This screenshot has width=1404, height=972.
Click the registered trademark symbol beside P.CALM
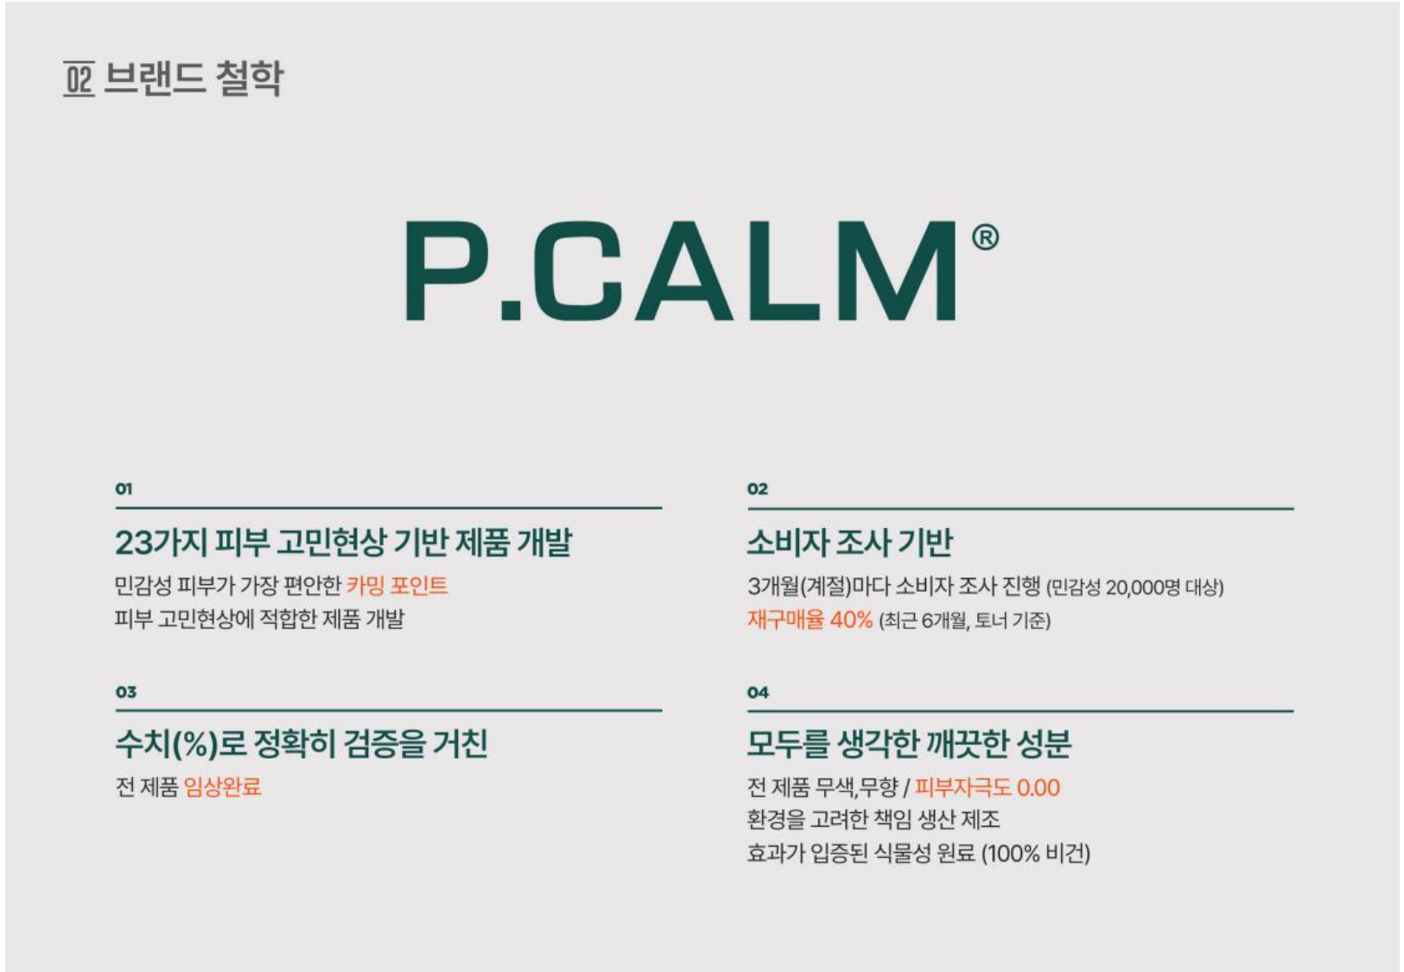pyautogui.click(x=985, y=238)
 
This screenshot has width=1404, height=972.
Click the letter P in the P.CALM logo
pyautogui.click(x=447, y=270)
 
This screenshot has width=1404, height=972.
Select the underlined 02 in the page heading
pyautogui.click(x=79, y=79)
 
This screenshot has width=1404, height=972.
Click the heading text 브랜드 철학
pyautogui.click(x=194, y=79)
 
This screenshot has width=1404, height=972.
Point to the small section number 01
pyautogui.click(x=124, y=489)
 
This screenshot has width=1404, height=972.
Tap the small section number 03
pyautogui.click(x=125, y=692)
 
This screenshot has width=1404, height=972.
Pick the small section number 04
pyautogui.click(x=758, y=692)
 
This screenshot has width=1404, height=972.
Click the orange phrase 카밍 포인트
pyautogui.click(x=397, y=586)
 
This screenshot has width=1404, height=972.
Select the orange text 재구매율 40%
pyautogui.click(x=810, y=619)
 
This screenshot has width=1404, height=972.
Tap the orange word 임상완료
pyautogui.click(x=223, y=787)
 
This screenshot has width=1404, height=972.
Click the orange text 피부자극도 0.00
pyautogui.click(x=988, y=788)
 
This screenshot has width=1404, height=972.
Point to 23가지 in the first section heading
pyautogui.click(x=161, y=543)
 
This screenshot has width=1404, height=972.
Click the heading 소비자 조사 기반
pyautogui.click(x=850, y=543)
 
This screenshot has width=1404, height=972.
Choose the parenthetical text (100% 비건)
pyautogui.click(x=1035, y=854)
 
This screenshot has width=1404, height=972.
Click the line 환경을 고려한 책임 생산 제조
pyautogui.click(x=874, y=820)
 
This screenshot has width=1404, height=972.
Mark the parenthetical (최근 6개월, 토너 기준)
pyautogui.click(x=964, y=620)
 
